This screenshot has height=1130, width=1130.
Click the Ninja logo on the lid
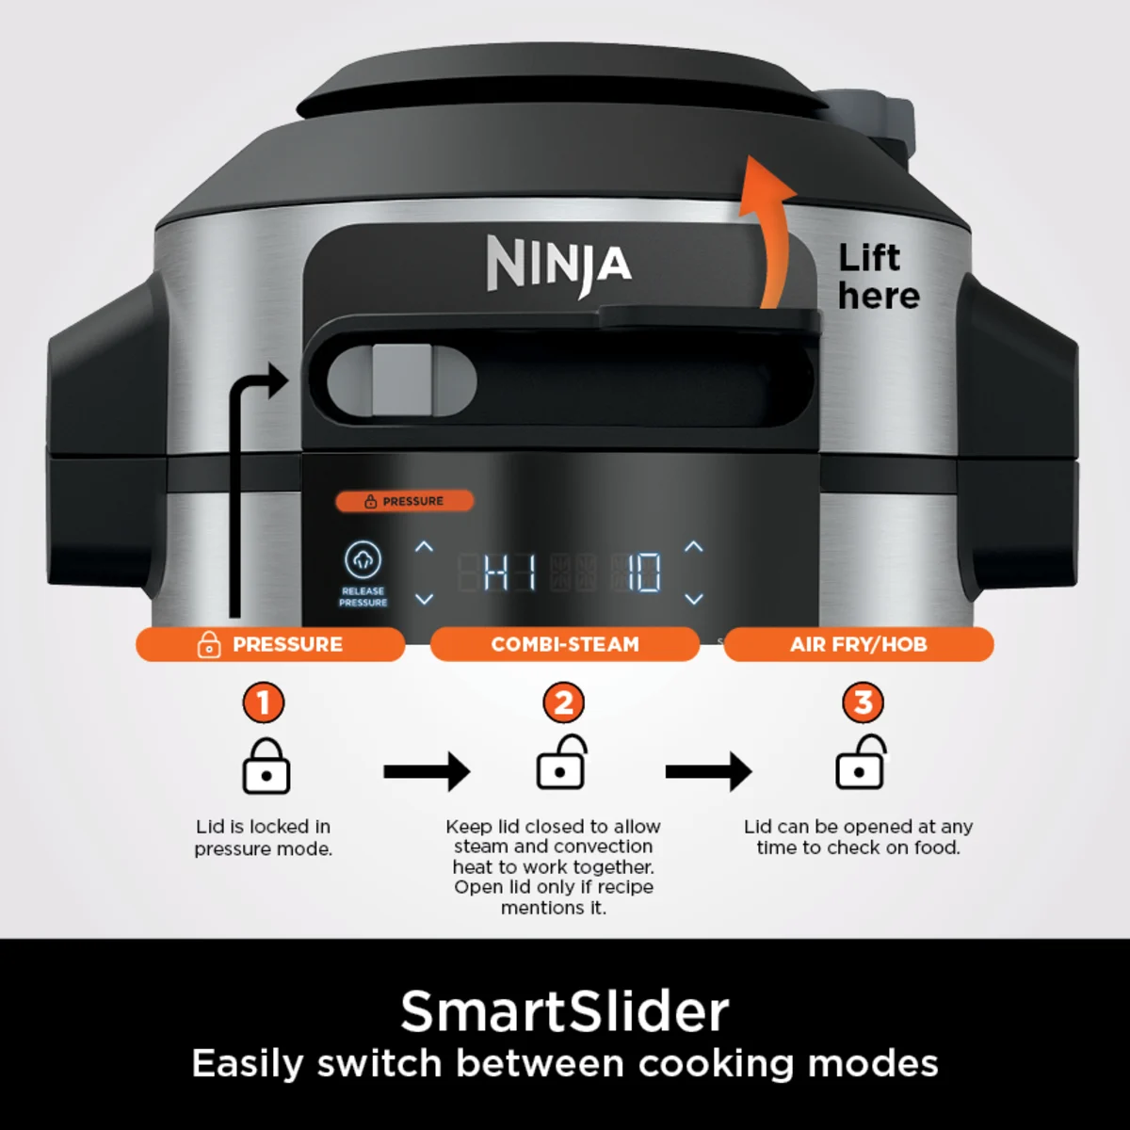[x=558, y=265]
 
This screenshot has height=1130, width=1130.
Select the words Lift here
[x=878, y=277]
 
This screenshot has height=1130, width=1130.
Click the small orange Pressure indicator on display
[x=405, y=501]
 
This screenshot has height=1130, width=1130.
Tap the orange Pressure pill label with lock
[x=270, y=645]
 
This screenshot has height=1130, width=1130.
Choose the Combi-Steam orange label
[x=564, y=645]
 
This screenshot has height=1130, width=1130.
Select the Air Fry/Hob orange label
[x=858, y=645]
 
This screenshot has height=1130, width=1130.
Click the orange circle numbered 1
[x=264, y=702]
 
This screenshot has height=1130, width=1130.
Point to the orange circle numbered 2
[x=563, y=702]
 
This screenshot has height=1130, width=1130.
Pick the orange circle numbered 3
[x=863, y=702]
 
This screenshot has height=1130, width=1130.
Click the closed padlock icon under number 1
[x=266, y=767]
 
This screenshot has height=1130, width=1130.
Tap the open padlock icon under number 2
[x=561, y=765]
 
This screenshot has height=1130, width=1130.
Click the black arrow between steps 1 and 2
[x=427, y=772]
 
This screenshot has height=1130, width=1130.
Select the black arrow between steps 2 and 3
[x=708, y=772]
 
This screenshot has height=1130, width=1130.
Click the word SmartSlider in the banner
[x=565, y=1011]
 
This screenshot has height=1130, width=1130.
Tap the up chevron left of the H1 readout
[x=425, y=546]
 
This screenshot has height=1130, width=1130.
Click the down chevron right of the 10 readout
[x=694, y=599]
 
